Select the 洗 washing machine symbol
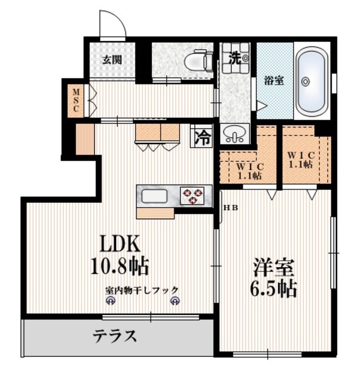click(x=236, y=57)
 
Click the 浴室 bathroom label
click(x=274, y=80)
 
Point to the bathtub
click(x=311, y=82)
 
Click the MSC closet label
click(x=76, y=101)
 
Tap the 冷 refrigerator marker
click(x=202, y=138)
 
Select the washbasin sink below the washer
click(x=235, y=137)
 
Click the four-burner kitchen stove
click(x=193, y=196)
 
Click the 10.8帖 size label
click(x=119, y=267)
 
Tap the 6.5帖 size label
click(x=274, y=288)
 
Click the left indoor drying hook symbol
click(x=110, y=301)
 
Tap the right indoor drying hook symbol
click(x=175, y=301)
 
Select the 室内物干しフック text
click(x=142, y=289)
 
